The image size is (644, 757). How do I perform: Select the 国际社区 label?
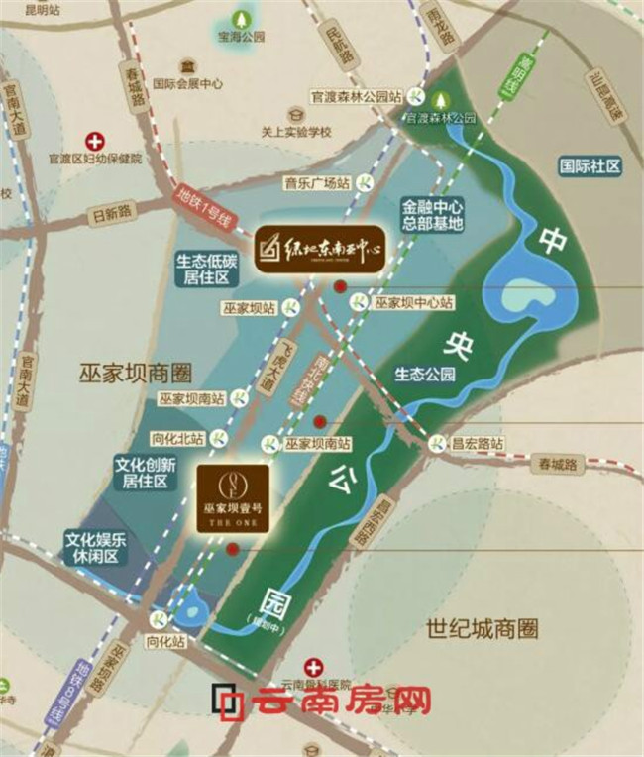pyautogui.click(x=590, y=166)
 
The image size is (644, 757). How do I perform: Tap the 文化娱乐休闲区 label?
pyautogui.click(x=94, y=549)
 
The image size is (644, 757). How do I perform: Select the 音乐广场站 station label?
pyautogui.click(x=318, y=183)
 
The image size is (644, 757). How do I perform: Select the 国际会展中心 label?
pyautogui.click(x=189, y=84)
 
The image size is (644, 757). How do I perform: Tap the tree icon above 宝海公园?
pyautogui.click(x=242, y=17)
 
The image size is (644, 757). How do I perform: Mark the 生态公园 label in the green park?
pyautogui.click(x=425, y=375)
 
